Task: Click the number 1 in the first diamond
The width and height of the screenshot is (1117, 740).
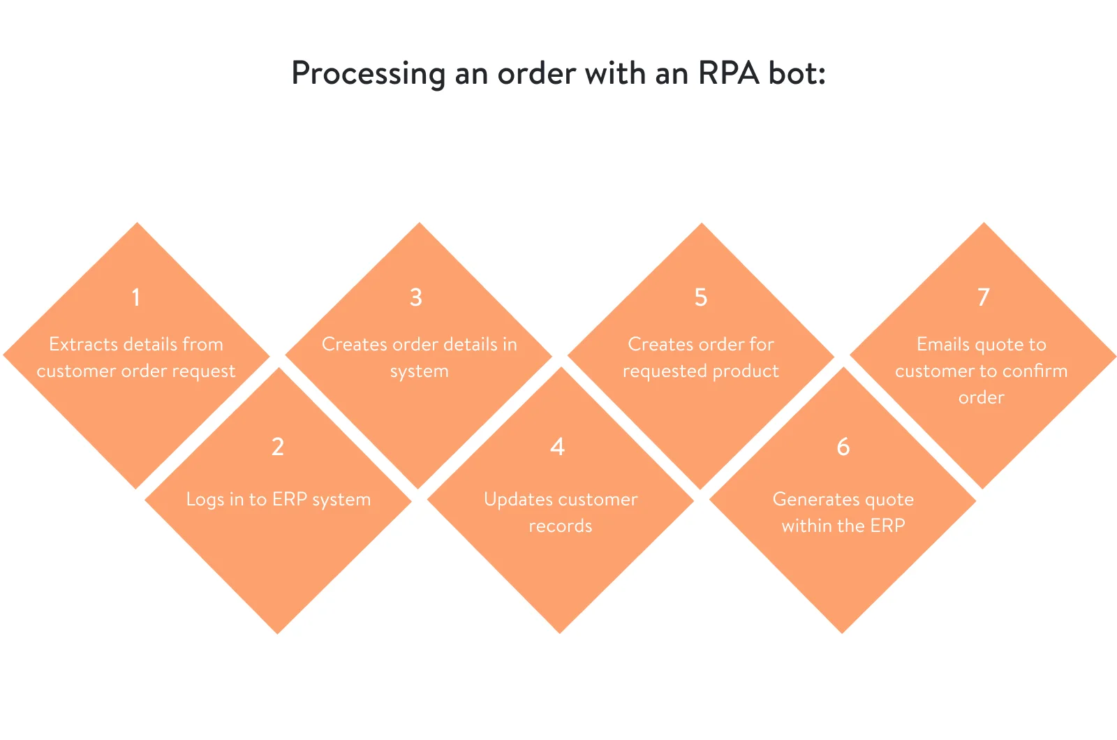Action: [136, 297]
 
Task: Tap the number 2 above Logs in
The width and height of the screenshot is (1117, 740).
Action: [278, 447]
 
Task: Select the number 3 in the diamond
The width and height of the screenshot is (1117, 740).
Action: [416, 297]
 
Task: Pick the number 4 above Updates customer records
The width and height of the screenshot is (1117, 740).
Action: [557, 447]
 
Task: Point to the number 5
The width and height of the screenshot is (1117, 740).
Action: [701, 297]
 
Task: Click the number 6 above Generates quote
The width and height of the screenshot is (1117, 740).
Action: [843, 447]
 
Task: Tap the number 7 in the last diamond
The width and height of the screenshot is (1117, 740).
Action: [984, 297]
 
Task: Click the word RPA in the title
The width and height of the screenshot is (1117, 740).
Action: [728, 73]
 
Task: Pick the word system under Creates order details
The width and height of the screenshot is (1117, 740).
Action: [420, 372]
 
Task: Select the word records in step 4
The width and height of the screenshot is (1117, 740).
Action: [561, 526]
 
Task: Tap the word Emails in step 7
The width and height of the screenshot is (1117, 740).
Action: [942, 344]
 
